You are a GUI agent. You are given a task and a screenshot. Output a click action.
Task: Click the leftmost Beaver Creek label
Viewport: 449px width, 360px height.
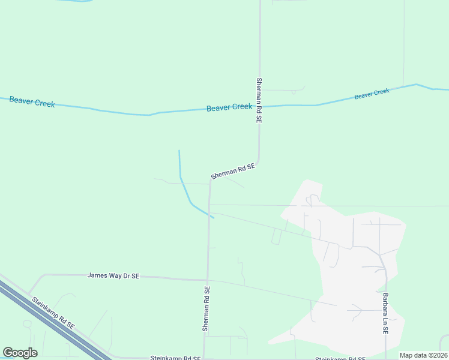pos(32,102)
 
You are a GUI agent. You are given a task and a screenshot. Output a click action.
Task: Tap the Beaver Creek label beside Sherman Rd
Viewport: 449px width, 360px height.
pos(229,107)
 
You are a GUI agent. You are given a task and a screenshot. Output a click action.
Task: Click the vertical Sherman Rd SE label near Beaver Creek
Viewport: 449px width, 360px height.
pos(259,100)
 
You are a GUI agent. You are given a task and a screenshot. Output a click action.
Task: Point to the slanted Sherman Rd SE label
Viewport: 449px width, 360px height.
pos(234,171)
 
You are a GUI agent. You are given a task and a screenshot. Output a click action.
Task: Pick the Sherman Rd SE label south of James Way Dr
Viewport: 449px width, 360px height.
pos(206,309)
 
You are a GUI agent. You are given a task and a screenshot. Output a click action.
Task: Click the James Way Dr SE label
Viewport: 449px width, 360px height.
pos(113,275)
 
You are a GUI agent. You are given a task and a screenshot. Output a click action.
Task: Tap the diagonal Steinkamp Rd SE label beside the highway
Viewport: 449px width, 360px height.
pos(53,313)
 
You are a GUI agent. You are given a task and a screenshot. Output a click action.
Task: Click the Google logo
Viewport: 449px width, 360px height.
pos(20,353)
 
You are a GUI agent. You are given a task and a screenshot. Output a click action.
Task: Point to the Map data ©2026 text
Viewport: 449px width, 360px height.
pos(423,355)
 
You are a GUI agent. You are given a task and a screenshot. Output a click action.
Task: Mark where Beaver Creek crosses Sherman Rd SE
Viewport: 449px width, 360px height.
pos(259,106)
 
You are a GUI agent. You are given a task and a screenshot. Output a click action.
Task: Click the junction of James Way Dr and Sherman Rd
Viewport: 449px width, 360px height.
pos(207,279)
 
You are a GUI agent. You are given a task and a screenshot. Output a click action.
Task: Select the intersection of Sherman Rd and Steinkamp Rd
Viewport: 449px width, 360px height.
pos(204,358)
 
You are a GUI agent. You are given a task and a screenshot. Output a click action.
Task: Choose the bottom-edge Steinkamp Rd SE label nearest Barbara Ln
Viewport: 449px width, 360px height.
pos(340,358)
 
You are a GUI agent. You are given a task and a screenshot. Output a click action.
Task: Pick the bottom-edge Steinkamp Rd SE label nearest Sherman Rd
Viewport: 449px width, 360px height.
pos(175,358)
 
